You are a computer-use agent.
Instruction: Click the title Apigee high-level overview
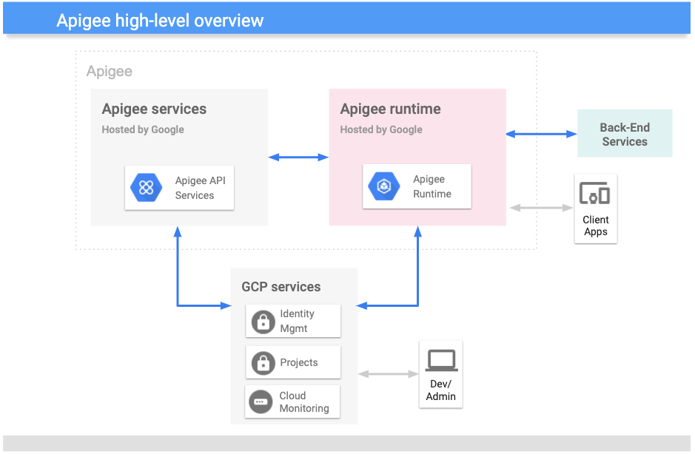click(160, 20)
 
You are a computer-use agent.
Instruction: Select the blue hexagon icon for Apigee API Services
click(146, 187)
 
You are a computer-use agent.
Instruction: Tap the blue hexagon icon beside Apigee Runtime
click(384, 186)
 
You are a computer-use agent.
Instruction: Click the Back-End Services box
click(624, 134)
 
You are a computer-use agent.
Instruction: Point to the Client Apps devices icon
click(595, 194)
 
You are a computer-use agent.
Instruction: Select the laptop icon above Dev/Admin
click(441, 361)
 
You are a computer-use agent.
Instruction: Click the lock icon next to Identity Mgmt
click(262, 322)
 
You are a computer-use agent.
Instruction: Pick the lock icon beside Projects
click(262, 363)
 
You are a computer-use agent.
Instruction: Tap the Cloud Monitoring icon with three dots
click(261, 402)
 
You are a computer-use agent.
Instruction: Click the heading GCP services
click(281, 287)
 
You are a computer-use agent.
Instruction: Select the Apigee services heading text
click(154, 109)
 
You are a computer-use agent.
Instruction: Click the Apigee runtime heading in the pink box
click(390, 109)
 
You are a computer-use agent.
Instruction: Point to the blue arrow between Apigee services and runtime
click(298, 157)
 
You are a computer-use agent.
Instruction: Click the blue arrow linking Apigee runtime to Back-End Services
click(541, 134)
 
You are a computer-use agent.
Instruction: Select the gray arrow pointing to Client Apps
click(541, 208)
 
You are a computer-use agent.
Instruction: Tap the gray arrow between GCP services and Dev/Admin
click(389, 374)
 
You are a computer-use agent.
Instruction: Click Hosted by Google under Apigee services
click(143, 129)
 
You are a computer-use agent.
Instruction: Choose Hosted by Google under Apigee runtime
click(381, 129)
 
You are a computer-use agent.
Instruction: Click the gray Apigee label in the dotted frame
click(110, 71)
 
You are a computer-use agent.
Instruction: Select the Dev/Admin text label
click(441, 390)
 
